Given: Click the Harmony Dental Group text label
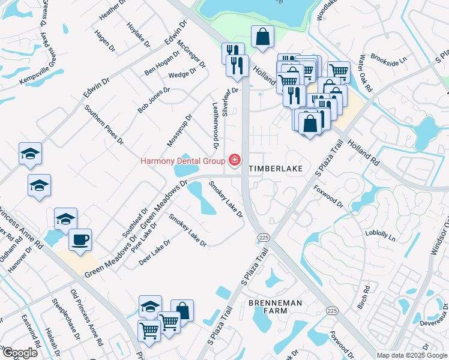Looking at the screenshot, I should pos(182,161).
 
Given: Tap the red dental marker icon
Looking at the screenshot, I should pos(234,160).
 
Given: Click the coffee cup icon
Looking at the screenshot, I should pos(80,240).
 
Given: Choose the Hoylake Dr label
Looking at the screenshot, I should pos(138,34).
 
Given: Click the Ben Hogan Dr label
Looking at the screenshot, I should pos(162,64).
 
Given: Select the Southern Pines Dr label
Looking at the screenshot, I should pos(104,125).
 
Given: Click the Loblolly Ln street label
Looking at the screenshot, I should pos(384,234).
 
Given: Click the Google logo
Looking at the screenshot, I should pos(20,353).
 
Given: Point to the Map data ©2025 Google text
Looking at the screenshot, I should pos(412,355).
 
